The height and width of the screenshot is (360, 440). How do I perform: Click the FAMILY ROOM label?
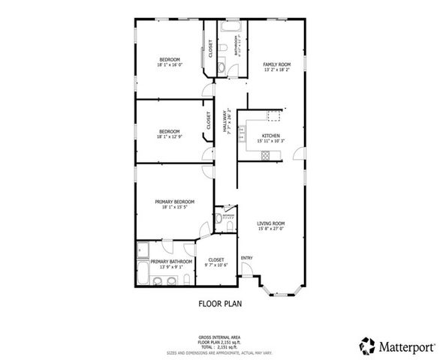[276, 65]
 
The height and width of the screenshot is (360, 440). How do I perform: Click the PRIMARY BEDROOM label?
[175, 202]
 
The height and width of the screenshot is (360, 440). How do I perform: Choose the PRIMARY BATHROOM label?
[167, 261]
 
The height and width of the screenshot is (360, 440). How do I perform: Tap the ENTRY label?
[246, 259]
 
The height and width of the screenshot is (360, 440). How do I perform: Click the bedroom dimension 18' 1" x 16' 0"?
[169, 66]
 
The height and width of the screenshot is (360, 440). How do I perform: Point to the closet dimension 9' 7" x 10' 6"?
[216, 265]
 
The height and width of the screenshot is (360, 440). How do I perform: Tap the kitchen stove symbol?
[265, 155]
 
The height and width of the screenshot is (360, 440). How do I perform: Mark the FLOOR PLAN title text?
[219, 304]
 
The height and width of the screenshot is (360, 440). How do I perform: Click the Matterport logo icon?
[366, 345]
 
